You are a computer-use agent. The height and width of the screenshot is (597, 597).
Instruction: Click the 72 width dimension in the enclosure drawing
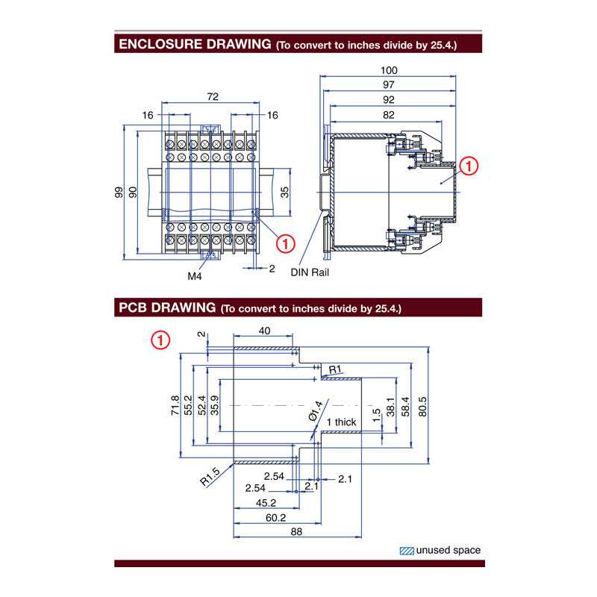213,97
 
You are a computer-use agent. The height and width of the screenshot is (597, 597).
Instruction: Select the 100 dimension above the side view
389,70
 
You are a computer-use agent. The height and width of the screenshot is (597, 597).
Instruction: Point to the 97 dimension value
389,84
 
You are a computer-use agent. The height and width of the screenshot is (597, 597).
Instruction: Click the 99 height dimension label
119,193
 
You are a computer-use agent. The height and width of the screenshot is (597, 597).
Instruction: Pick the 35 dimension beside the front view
284,193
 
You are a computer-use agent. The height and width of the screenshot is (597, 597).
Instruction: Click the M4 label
195,275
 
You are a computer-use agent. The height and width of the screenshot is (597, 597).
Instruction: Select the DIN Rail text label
310,272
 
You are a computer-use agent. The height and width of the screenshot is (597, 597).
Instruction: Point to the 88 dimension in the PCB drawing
296,532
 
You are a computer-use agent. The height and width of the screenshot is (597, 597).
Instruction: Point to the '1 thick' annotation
341,422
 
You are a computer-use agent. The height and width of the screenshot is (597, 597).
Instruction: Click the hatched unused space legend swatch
407,551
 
